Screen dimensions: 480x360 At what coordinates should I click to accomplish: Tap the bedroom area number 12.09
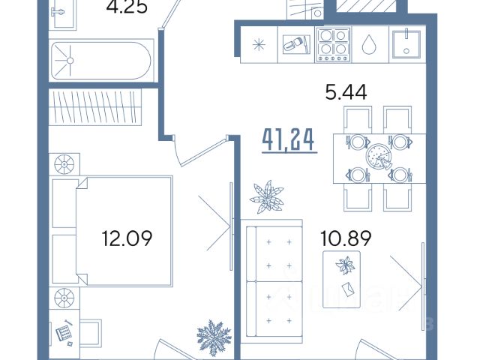[x=127, y=238]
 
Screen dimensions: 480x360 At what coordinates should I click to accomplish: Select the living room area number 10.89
[x=346, y=238]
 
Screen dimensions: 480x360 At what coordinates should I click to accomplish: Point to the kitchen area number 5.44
[x=346, y=92]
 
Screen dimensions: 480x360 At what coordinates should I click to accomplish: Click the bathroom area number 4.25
[x=127, y=7]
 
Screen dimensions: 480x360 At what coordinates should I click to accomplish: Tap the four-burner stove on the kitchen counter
[x=333, y=45]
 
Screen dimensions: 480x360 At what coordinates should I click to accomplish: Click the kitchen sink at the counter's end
[x=406, y=43]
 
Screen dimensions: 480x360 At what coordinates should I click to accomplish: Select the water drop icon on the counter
[x=369, y=44]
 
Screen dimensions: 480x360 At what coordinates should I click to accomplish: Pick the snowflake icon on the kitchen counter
[x=259, y=45]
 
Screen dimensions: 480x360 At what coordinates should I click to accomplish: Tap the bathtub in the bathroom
[x=101, y=61]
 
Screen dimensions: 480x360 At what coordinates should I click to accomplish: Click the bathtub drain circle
[x=70, y=61]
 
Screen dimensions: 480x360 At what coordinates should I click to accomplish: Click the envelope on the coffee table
[x=348, y=289]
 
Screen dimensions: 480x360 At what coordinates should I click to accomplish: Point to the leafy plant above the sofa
[x=267, y=196]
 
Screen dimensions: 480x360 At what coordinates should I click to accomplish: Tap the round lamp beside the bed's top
[x=64, y=164]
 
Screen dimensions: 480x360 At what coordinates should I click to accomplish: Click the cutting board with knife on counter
[x=296, y=44]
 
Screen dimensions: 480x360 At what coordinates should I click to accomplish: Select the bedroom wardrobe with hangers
[x=95, y=106]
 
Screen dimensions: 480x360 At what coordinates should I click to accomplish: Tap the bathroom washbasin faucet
[x=58, y=12]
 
